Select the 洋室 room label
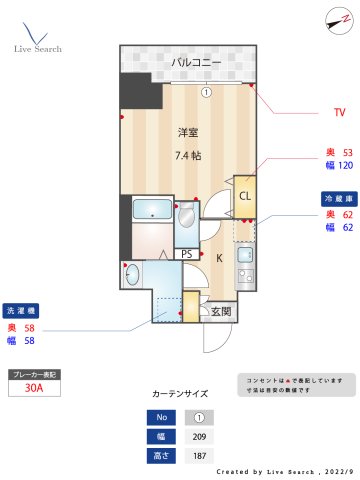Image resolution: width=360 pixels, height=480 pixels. [x=189, y=133]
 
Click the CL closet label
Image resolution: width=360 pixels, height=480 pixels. [x=245, y=195]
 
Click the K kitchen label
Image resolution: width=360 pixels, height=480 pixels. [x=219, y=257]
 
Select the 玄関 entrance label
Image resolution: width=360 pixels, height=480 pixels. [x=221, y=312]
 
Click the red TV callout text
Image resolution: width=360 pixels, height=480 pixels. [x=339, y=112]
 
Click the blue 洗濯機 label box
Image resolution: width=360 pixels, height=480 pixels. [x=22, y=310]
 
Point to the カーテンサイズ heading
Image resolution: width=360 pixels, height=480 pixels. [x=180, y=394]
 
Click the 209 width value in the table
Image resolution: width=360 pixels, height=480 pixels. [x=199, y=436]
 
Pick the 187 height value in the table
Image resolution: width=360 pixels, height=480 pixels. [x=199, y=455]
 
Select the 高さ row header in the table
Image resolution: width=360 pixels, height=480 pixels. [x=158, y=455]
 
